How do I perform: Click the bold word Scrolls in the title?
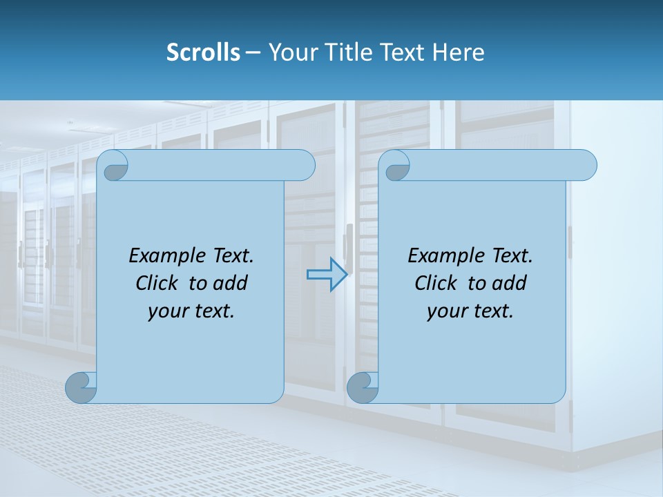(x=203, y=52)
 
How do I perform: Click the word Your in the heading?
(x=291, y=52)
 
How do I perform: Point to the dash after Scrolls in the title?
(x=253, y=53)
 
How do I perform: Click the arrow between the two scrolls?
(x=327, y=274)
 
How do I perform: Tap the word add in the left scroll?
(x=230, y=283)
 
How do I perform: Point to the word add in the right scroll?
(x=509, y=283)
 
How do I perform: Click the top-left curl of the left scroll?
(x=114, y=166)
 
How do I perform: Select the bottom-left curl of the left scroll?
(x=81, y=387)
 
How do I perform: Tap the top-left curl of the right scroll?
(x=396, y=166)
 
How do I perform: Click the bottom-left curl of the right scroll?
(x=363, y=387)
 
